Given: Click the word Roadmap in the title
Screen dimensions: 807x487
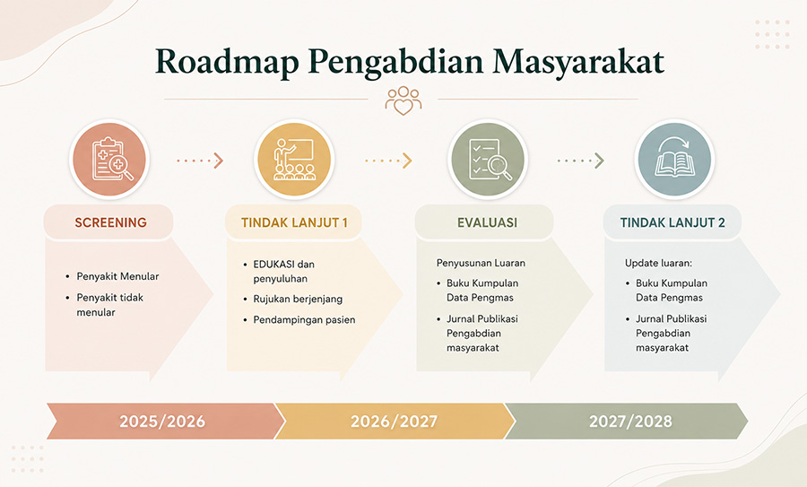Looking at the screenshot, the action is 227,62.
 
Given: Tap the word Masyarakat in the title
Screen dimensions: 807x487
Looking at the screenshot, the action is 578,62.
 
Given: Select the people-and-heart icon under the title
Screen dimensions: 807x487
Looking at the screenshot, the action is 403,100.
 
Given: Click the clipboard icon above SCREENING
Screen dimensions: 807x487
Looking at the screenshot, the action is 109,159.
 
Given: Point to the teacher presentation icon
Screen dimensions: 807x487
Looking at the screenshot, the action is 294,159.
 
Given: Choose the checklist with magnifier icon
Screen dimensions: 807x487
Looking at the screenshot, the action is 488,159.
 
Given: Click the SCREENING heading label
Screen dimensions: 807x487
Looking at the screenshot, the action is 110,222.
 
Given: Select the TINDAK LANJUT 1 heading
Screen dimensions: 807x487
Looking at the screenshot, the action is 294,222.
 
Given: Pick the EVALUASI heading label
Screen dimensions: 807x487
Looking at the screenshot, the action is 488,222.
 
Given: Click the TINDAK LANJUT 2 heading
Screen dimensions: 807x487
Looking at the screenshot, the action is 672,222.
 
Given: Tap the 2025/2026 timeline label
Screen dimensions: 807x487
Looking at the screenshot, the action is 162,422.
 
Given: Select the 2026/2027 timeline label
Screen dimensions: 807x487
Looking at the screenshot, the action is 394,422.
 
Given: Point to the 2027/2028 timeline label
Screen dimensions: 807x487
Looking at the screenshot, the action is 630,422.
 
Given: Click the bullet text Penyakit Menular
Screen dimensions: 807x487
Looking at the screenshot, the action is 117,276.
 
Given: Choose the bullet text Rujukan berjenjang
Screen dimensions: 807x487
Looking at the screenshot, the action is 298,299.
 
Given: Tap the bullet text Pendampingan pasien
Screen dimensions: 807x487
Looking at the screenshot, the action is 304,319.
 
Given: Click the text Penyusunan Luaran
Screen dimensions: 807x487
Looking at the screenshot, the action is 481,263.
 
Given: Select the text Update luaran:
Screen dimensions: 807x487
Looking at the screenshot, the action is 658,263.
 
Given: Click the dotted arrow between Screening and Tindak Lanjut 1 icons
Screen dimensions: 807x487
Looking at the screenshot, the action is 200,161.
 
